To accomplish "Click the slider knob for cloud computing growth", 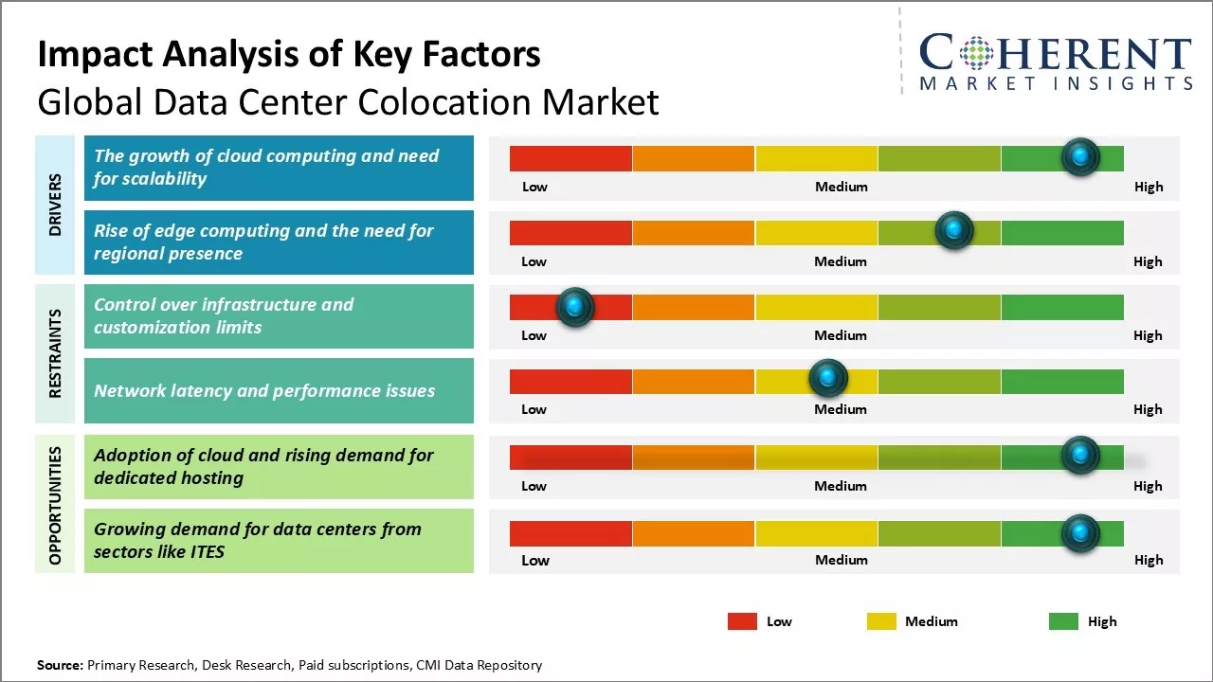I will pos(1080,157).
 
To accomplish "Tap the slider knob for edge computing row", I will pos(954,231).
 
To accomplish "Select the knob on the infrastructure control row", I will pos(574,307).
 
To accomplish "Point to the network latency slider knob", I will pos(828,379).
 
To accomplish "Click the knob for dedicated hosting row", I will pos(1079,456).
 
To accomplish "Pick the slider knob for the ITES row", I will pos(1079,534).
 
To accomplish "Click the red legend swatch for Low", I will pos(742,621).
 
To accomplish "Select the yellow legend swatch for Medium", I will pos(881,621).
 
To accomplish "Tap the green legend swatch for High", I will pos(1063,621).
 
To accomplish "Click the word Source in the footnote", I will pos(59,665).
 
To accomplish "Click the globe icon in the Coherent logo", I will pos(976,53).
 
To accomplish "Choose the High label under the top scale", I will pos(1148,187).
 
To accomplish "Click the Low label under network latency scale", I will pos(534,409).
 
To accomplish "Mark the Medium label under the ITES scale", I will pos(841,560).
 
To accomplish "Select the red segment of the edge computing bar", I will pos(570,233).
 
